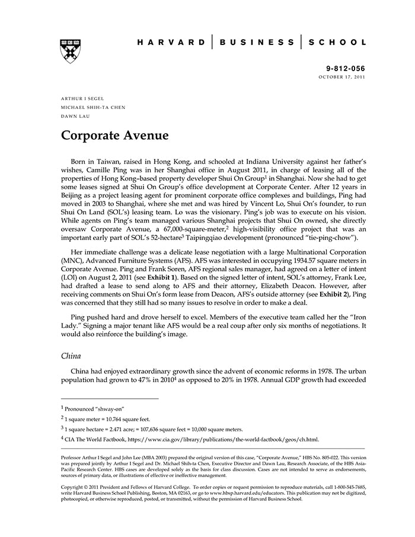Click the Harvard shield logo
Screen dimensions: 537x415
pyautogui.click(x=70, y=51)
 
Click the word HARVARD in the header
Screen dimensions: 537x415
pyautogui.click(x=171, y=43)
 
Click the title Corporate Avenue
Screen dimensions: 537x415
pyautogui.click(x=115, y=136)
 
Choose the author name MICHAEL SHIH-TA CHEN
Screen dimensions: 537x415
pyautogui.click(x=93, y=107)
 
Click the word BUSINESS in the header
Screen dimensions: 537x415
pyautogui.click(x=257, y=43)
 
